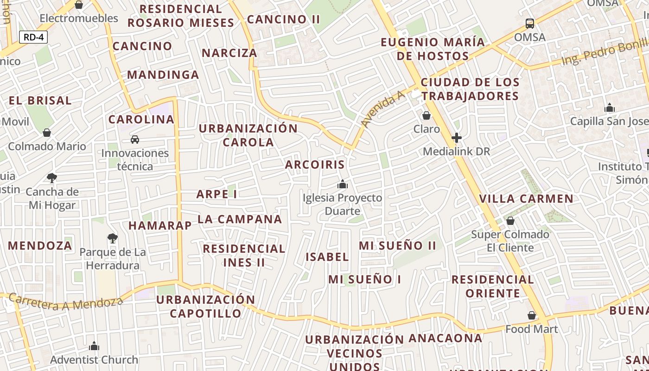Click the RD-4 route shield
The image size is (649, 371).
(x=33, y=37)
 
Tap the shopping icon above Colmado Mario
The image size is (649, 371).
(x=47, y=133)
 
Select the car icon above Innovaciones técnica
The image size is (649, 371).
(x=135, y=139)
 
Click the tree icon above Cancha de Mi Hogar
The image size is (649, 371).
(x=52, y=178)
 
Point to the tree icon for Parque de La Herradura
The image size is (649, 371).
(x=112, y=238)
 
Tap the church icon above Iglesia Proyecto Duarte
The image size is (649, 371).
(x=343, y=184)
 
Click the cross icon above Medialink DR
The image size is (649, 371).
(x=457, y=138)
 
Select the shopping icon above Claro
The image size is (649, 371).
(x=426, y=115)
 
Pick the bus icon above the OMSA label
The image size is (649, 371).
(x=530, y=23)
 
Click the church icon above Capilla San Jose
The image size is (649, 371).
(x=610, y=108)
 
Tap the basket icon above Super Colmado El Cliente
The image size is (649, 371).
(x=510, y=221)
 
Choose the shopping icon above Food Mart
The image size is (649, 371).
(x=532, y=315)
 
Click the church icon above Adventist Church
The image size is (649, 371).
(x=94, y=346)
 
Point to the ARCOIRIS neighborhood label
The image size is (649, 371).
(x=315, y=165)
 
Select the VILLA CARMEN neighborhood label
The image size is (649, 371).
(x=526, y=199)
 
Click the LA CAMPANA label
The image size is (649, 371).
(x=240, y=219)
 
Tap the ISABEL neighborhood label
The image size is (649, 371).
(x=327, y=257)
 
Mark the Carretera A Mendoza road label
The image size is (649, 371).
(x=66, y=303)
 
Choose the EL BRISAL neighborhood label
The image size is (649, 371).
(x=40, y=101)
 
